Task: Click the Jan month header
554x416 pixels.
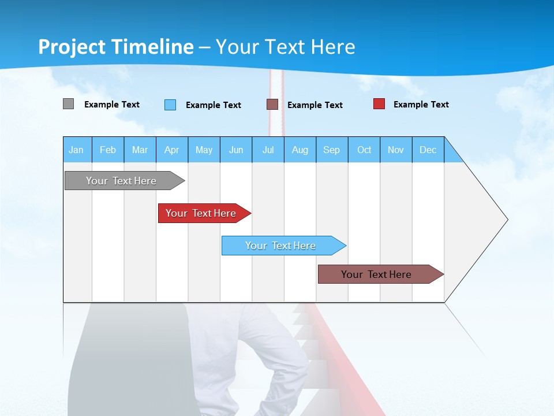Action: click(77, 150)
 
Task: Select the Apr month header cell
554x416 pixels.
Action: click(172, 150)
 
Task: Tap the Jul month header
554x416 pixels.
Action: click(268, 150)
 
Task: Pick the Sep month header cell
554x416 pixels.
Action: click(332, 150)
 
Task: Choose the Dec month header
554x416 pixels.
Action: click(428, 150)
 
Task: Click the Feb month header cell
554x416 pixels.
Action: click(108, 150)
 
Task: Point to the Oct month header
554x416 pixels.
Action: click(364, 150)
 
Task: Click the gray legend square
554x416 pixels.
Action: click(68, 104)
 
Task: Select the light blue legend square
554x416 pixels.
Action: click(170, 105)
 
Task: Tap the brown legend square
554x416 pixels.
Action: click(272, 105)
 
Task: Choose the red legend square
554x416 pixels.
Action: click(379, 104)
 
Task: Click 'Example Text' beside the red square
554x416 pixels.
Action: click(421, 105)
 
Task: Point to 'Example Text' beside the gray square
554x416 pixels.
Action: click(112, 105)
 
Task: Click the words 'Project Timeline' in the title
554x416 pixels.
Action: click(116, 47)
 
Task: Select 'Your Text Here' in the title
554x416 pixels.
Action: click(285, 47)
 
